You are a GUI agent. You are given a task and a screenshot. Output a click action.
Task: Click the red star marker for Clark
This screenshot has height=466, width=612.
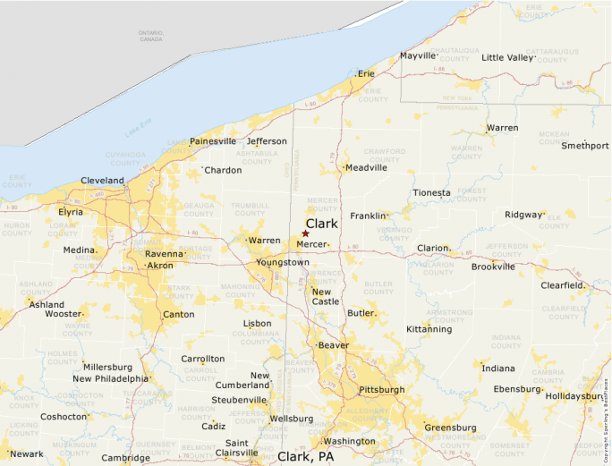pyautogui.click(x=305, y=233)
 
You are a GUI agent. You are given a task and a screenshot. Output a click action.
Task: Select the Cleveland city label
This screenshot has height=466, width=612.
pyautogui.click(x=102, y=180)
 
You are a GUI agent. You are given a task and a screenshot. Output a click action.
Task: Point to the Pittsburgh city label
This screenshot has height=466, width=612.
pyautogui.click(x=381, y=390)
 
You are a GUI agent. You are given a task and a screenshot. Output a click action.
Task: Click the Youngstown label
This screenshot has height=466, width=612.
pyautogui.click(x=282, y=262)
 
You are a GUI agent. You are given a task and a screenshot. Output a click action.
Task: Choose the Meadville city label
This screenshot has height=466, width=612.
pyautogui.click(x=366, y=167)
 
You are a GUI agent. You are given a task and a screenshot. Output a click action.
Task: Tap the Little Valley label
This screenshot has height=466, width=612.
pyautogui.click(x=507, y=57)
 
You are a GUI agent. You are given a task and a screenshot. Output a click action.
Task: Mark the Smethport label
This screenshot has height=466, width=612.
pyautogui.click(x=584, y=146)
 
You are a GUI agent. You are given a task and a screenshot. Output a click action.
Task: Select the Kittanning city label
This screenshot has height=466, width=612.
pyautogui.click(x=429, y=329)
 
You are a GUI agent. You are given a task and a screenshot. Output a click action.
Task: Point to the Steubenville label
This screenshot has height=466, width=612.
pyautogui.click(x=239, y=400)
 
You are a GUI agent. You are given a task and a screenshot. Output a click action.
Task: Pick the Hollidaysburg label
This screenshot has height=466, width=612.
pyautogui.click(x=575, y=395)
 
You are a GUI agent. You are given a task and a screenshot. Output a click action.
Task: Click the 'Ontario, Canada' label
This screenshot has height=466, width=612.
pyautogui.click(x=151, y=37)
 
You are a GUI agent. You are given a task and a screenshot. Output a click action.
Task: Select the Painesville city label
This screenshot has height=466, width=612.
pyautogui.click(x=213, y=141)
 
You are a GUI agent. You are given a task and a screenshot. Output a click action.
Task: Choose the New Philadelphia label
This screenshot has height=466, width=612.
pyautogui.click(x=110, y=378)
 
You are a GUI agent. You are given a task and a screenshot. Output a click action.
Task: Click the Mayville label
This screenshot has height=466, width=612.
pyautogui.click(x=417, y=55)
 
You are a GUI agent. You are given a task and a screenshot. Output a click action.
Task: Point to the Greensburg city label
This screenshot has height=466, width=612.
pyautogui.click(x=450, y=428)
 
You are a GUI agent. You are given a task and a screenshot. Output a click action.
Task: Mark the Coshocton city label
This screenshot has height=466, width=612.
pyautogui.click(x=64, y=417)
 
